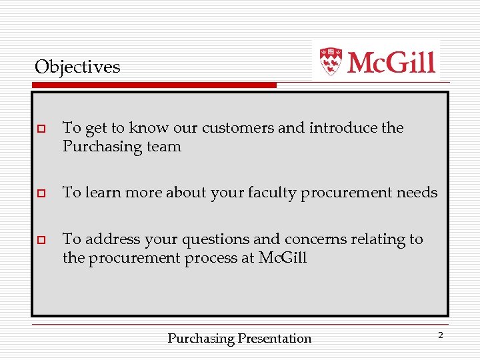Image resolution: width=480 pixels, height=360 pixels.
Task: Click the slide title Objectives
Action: point(77,67)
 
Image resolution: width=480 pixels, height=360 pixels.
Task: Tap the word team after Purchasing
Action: point(164,147)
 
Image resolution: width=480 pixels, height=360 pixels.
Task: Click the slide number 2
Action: point(440,335)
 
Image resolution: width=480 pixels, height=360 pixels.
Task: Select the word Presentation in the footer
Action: point(275,339)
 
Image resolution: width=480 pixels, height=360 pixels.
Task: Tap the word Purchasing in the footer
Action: point(201,339)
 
